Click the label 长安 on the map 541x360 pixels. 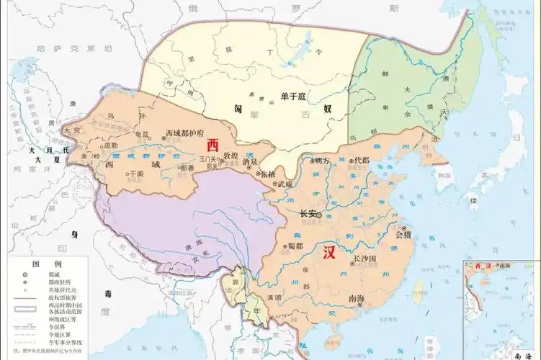click(x=306, y=214)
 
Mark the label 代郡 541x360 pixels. click(x=360, y=161)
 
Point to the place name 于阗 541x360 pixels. click(x=135, y=174)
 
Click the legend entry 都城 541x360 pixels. click(x=50, y=275)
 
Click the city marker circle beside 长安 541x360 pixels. click(x=318, y=214)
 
